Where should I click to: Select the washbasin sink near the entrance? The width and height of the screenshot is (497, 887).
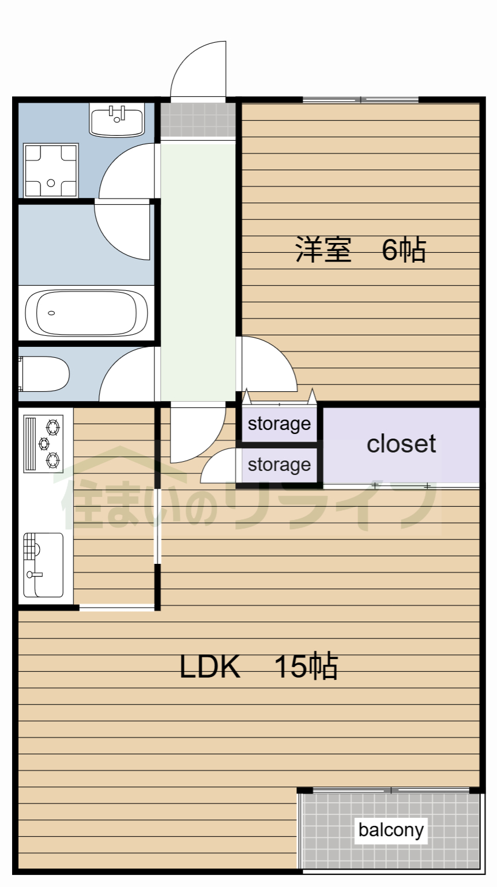click(116, 119)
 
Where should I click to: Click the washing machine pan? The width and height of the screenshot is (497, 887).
click(51, 170)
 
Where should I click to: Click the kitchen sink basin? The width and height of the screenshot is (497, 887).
click(43, 565)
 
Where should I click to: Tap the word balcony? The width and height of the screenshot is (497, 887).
click(391, 830)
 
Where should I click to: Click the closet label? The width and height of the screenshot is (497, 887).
click(401, 443)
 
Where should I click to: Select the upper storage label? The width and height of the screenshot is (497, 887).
click(280, 425)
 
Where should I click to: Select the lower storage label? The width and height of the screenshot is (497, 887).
click(280, 465)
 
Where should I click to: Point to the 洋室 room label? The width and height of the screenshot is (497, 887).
click(323, 249)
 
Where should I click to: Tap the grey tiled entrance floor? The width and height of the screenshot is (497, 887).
click(198, 119)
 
